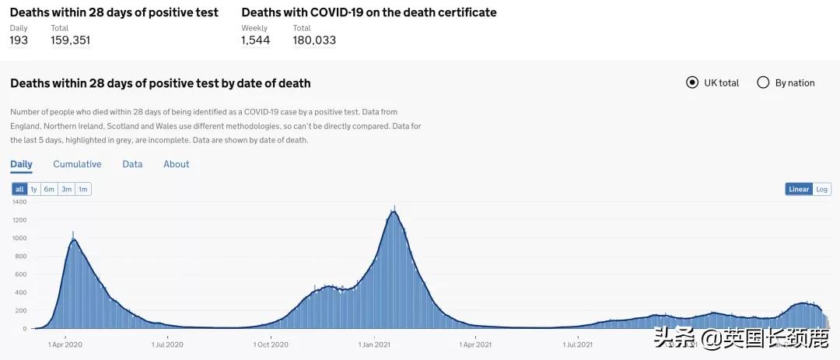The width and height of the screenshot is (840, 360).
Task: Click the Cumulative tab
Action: [77, 164]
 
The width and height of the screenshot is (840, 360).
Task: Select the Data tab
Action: [132, 164]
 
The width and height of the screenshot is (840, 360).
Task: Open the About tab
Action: [176, 164]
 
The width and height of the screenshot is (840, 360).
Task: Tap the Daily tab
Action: [21, 164]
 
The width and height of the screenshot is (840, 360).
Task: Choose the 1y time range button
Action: [34, 189]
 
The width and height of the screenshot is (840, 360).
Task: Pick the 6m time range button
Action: [49, 189]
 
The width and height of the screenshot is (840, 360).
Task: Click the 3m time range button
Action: [67, 189]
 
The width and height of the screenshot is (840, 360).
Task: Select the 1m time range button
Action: [83, 189]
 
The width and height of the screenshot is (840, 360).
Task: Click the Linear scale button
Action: [799, 189]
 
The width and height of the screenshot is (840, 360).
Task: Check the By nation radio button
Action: [763, 82]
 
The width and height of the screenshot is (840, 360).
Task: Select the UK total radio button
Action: [692, 82]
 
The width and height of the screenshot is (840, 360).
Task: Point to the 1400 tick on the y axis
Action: [20, 202]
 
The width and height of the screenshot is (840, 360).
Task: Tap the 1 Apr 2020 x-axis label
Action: [65, 344]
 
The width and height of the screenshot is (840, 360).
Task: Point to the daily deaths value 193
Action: [19, 40]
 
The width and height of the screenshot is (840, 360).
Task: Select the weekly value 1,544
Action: [255, 40]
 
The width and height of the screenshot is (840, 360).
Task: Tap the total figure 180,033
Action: [314, 40]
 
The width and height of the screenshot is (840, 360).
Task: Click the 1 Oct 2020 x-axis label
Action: [271, 344]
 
